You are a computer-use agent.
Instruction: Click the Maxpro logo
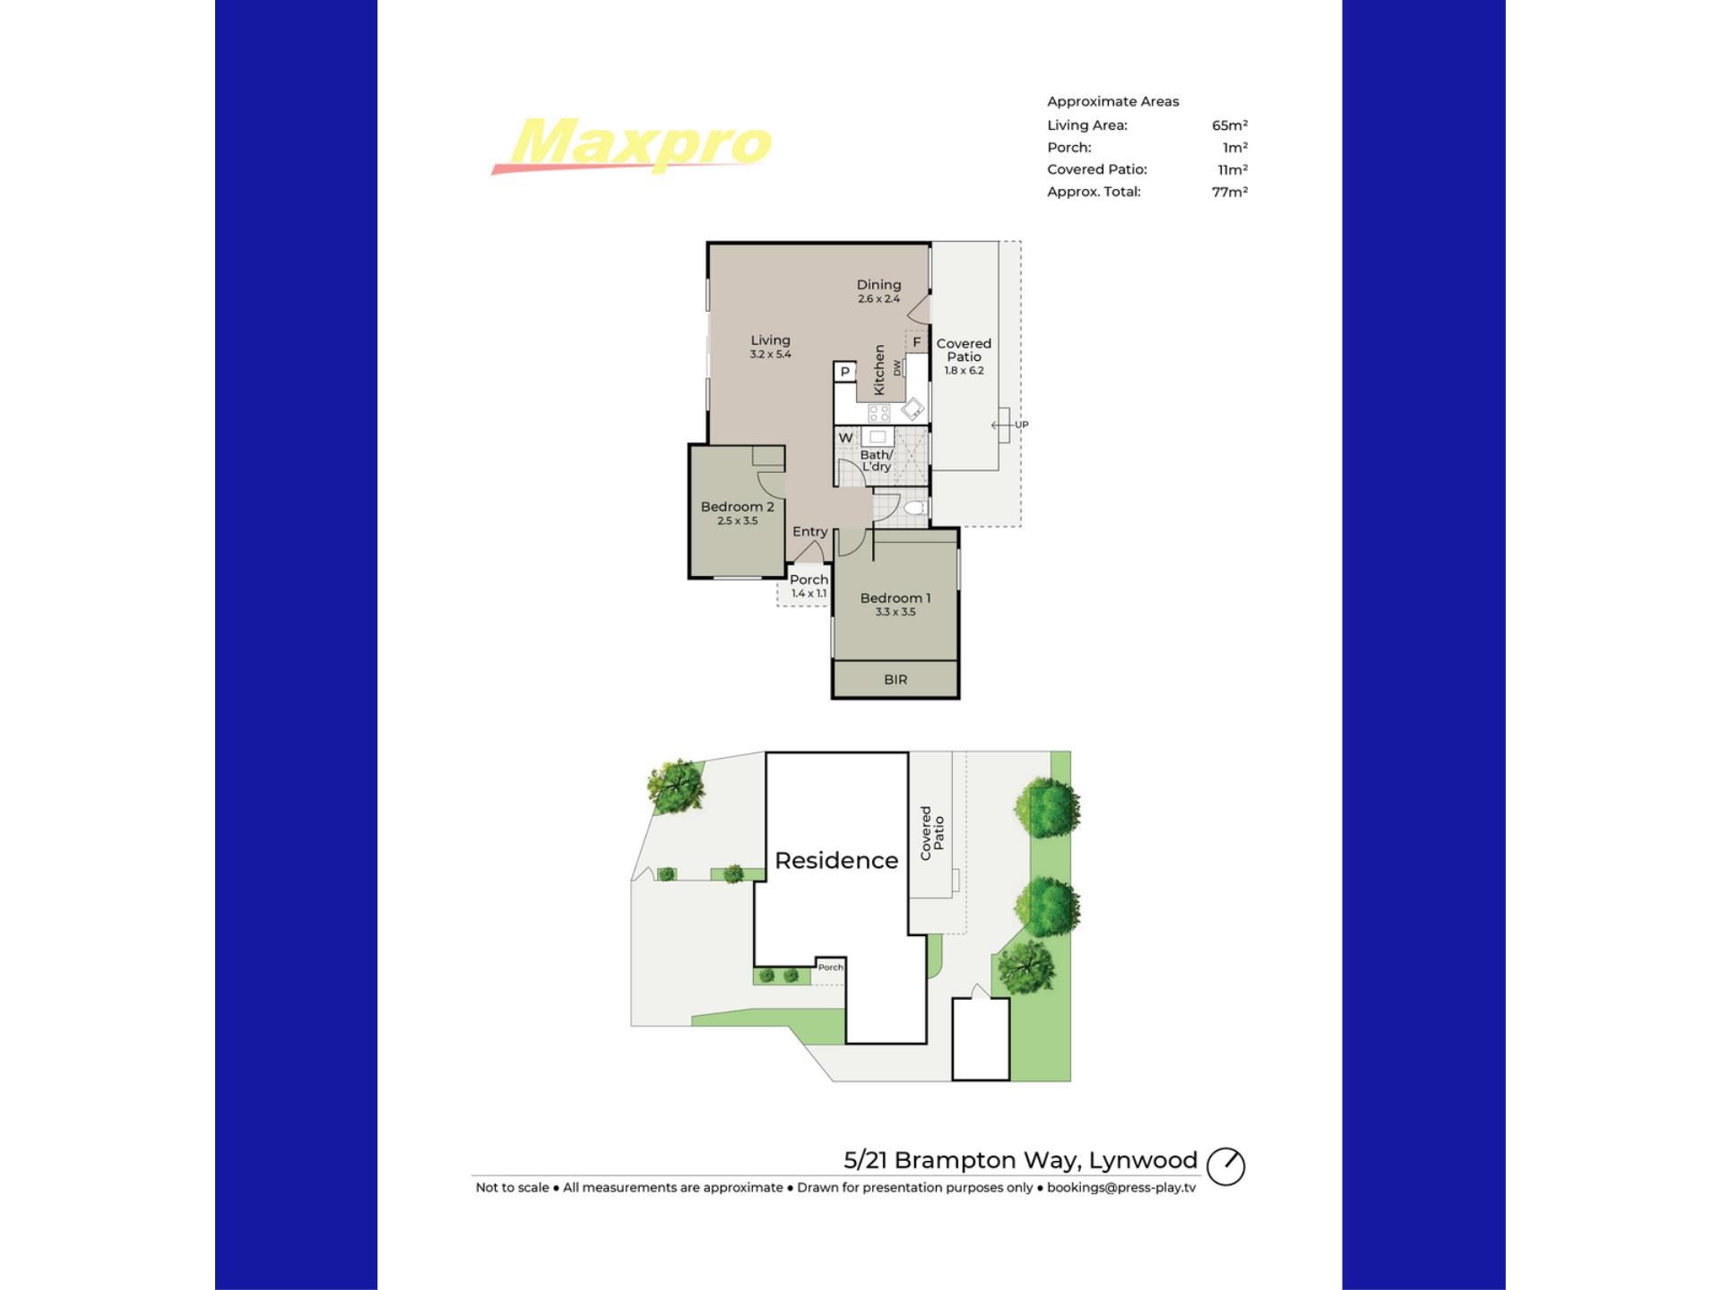point(631,145)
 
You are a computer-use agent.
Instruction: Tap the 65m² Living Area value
point(1230,125)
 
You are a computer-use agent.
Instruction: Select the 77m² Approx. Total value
point(1230,192)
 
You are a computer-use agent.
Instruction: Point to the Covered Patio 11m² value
point(1232,169)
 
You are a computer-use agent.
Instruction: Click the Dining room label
point(878,285)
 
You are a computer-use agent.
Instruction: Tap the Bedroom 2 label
point(737,507)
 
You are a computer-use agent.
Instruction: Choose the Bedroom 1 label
point(895,598)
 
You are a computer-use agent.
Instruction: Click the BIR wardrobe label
point(895,680)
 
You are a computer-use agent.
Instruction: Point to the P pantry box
point(844,372)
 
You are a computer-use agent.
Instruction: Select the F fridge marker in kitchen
point(916,342)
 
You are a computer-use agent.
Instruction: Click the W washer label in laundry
point(845,438)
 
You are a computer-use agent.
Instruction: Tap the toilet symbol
point(913,509)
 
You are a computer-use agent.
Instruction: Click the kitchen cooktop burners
point(879,413)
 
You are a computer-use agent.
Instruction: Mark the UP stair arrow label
point(1022,425)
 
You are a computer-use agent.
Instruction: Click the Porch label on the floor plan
point(809,580)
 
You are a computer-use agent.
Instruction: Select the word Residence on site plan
point(836,860)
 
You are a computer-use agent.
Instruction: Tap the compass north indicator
point(1225,1166)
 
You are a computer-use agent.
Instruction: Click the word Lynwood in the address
point(1144,1161)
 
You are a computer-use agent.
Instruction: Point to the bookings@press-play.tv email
point(1121,1188)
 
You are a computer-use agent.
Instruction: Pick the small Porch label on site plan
point(831,967)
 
